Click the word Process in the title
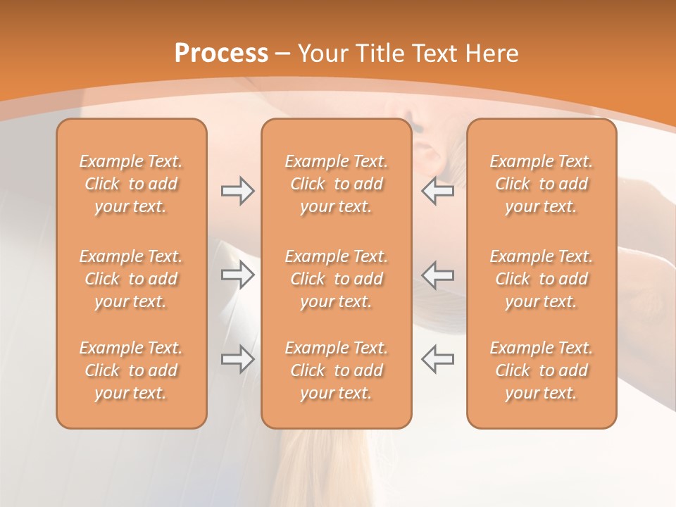point(221,54)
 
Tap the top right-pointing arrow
point(237,191)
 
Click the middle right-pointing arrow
point(237,275)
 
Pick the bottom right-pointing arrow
point(237,359)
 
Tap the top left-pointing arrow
point(437,191)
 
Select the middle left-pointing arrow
point(437,275)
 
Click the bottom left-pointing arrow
point(437,359)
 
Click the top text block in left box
point(131,184)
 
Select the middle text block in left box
point(131,279)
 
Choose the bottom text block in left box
point(131,370)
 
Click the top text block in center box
point(336,184)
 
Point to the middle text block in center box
point(336,279)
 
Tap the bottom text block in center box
point(336,370)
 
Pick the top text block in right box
point(541,184)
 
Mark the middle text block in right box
point(541,279)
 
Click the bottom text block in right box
point(541,370)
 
